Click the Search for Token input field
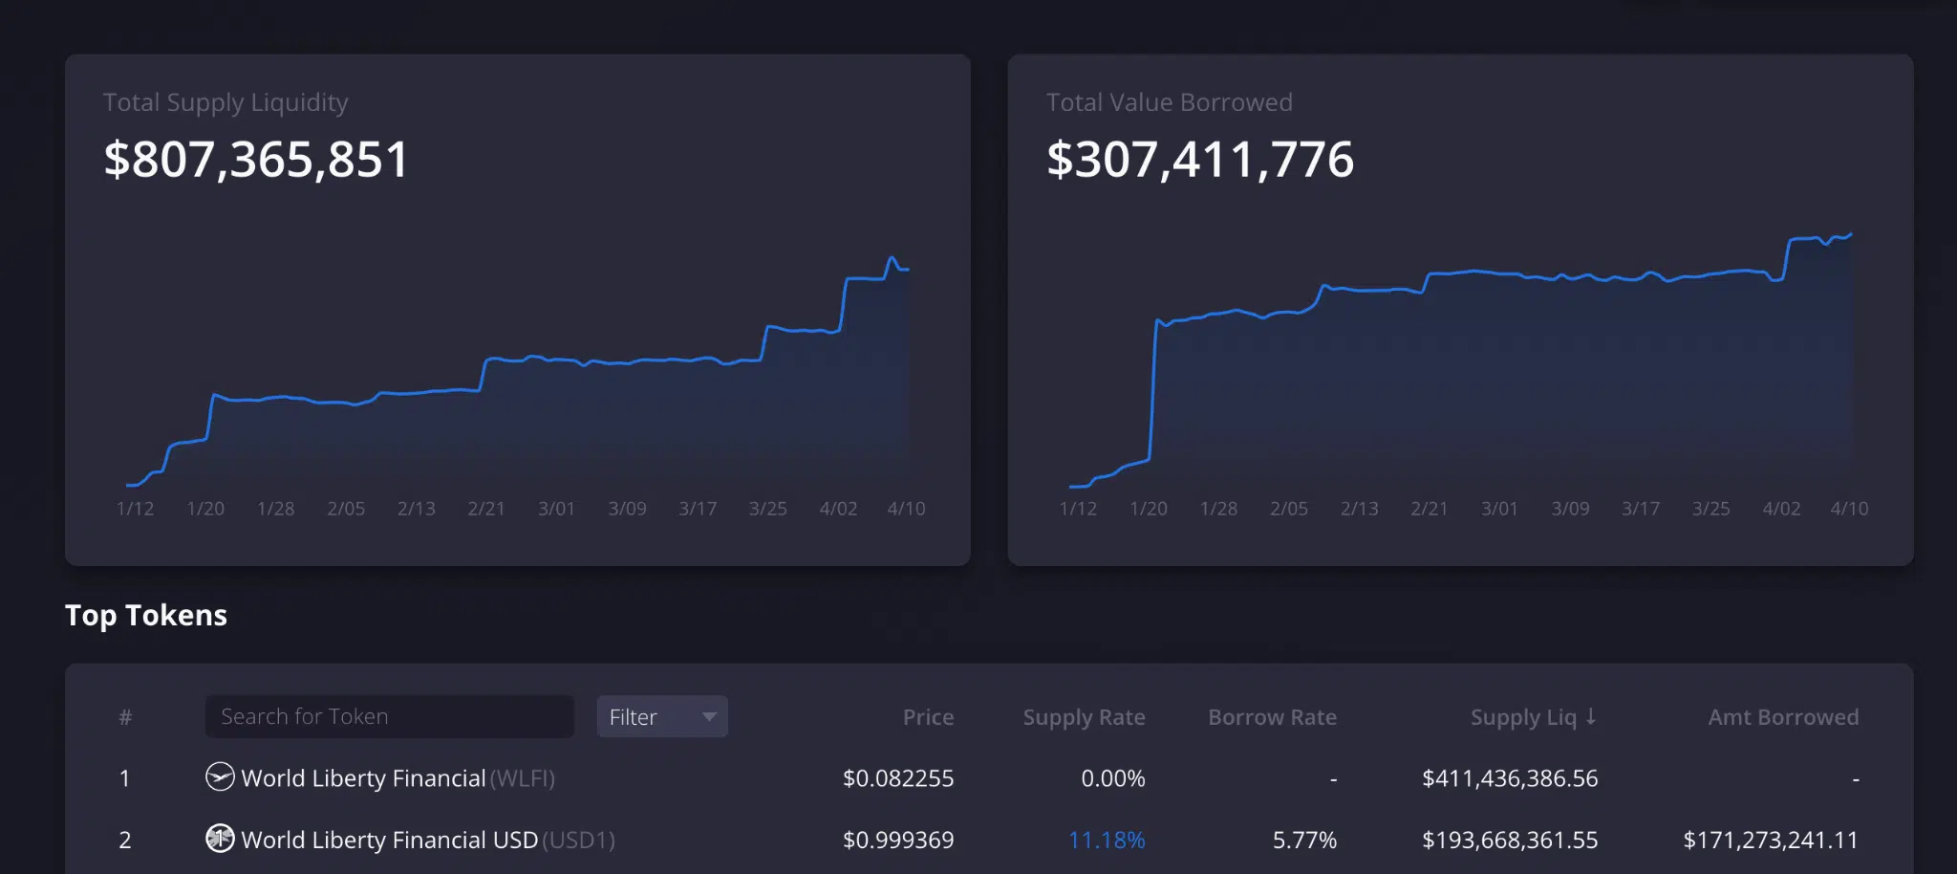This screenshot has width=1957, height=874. pyautogui.click(x=389, y=716)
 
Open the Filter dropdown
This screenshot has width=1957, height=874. pyautogui.click(x=661, y=716)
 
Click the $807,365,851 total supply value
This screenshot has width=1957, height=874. pyautogui.click(x=256, y=160)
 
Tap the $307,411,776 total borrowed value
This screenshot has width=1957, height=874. pyautogui.click(x=1200, y=160)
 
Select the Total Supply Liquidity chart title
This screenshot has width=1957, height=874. pyautogui.click(x=226, y=102)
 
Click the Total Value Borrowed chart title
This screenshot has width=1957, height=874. pyautogui.click(x=1169, y=102)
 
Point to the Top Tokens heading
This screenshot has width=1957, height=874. pyautogui.click(x=146, y=615)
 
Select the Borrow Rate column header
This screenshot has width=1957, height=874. pyautogui.click(x=1272, y=717)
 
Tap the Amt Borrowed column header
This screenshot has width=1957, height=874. pyautogui.click(x=1783, y=717)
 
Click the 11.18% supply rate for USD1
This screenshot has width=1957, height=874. pyautogui.click(x=1106, y=840)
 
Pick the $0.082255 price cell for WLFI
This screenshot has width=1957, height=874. pyautogui.click(x=897, y=778)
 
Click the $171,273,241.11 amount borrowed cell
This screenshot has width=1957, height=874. pyautogui.click(x=1770, y=840)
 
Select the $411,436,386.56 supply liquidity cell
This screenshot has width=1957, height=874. pyautogui.click(x=1509, y=778)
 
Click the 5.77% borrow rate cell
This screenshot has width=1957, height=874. pyautogui.click(x=1304, y=840)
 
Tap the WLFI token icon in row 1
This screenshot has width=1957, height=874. pyautogui.click(x=220, y=776)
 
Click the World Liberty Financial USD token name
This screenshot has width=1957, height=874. pyautogui.click(x=389, y=840)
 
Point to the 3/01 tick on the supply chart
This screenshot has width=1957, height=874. pyautogui.click(x=556, y=509)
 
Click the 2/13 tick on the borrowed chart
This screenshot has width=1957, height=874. pyautogui.click(x=1359, y=509)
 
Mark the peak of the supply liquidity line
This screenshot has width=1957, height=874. pyautogui.click(x=892, y=257)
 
